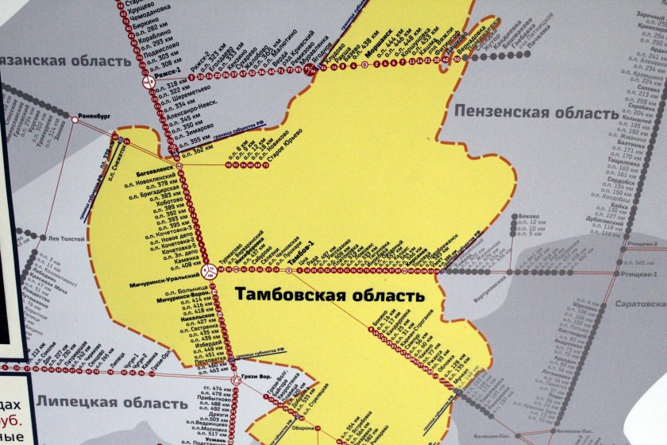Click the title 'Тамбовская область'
[330, 296]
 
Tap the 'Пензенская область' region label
[535, 113]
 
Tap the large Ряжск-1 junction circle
[148, 81]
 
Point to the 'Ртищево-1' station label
[641, 275]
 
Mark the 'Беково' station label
[528, 217]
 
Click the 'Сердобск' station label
[620, 181]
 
